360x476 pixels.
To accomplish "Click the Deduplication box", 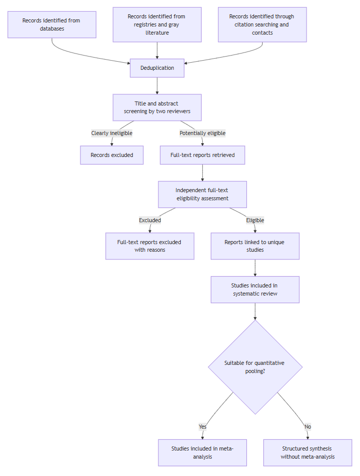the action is [x=157, y=68].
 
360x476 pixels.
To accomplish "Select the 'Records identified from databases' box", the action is [x=52, y=24].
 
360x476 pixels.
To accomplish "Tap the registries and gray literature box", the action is [x=157, y=24].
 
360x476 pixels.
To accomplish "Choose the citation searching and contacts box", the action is [x=262, y=24].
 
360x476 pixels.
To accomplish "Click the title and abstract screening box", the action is [x=157, y=108].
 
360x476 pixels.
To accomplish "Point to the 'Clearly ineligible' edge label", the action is [x=112, y=133].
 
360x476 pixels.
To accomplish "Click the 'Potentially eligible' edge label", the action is [x=203, y=133].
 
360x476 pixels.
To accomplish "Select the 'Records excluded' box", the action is [x=112, y=155].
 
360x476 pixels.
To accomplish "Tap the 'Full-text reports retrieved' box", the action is [x=203, y=155].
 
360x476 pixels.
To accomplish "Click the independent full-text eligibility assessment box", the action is [x=203, y=195].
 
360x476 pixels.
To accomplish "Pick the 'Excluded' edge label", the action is [x=150, y=220].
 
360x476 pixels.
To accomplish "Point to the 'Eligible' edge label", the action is [x=255, y=220].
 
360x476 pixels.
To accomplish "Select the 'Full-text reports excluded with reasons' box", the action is [x=150, y=246].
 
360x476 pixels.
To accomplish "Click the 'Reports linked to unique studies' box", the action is [x=255, y=246].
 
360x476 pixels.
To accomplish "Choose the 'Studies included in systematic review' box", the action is [x=255, y=289].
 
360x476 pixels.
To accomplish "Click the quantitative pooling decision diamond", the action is [x=255, y=367].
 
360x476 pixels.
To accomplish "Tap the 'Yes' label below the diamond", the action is [x=203, y=427].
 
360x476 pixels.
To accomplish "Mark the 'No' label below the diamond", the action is [x=308, y=427].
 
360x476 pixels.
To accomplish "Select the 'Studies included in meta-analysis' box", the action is [x=203, y=453].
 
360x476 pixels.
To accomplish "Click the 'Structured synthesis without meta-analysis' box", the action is [x=308, y=453].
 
